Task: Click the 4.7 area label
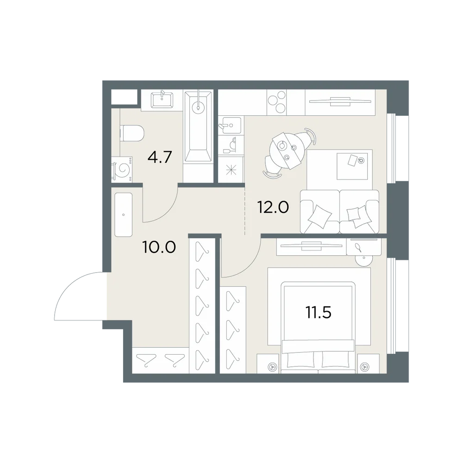click(160, 157)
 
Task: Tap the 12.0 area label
click(273, 207)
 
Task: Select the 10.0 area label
click(159, 247)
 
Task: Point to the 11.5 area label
click(319, 313)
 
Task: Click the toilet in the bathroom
click(131, 133)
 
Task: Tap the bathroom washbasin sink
click(162, 100)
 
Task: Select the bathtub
click(198, 127)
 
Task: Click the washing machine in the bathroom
click(122, 169)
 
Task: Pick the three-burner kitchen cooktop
click(277, 102)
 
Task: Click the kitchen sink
click(231, 125)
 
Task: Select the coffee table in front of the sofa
click(352, 166)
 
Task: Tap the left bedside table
click(268, 363)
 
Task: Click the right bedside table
click(368, 363)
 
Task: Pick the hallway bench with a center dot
click(124, 215)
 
